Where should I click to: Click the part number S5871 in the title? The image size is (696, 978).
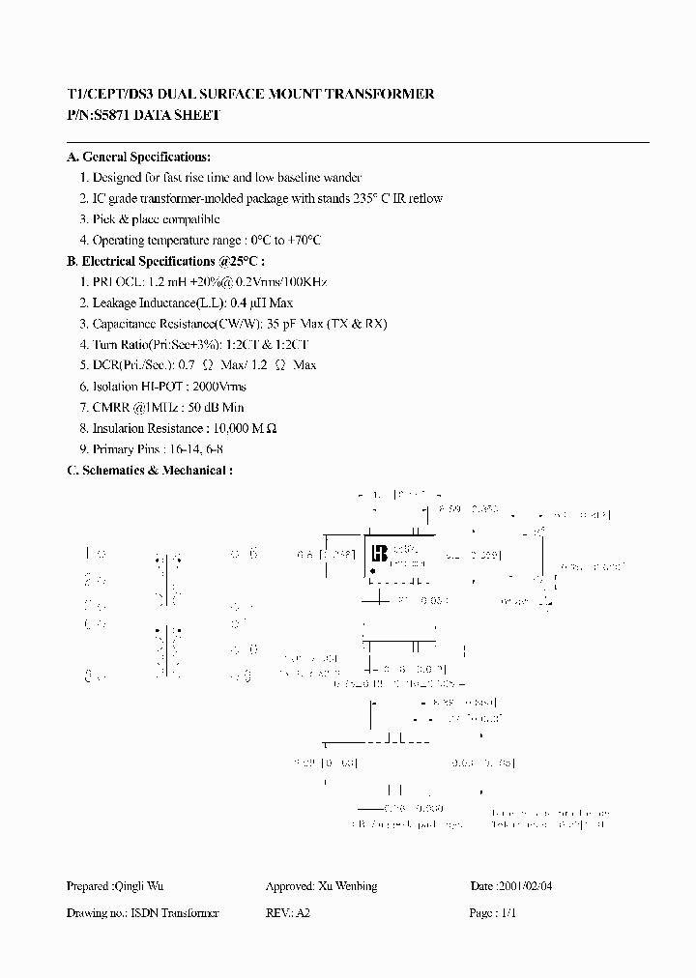pyautogui.click(x=111, y=115)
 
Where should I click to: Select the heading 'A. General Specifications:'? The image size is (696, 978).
pyautogui.click(x=138, y=157)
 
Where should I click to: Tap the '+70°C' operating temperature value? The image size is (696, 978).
pyautogui.click(x=303, y=240)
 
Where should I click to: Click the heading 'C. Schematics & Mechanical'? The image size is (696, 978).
pyautogui.click(x=148, y=470)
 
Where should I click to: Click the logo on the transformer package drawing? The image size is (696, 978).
pyautogui.click(x=379, y=554)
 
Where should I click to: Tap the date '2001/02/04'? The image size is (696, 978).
pyautogui.click(x=532, y=886)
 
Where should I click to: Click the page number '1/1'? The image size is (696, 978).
pyautogui.click(x=508, y=913)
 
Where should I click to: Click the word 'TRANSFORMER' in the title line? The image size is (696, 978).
pyautogui.click(x=379, y=94)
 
